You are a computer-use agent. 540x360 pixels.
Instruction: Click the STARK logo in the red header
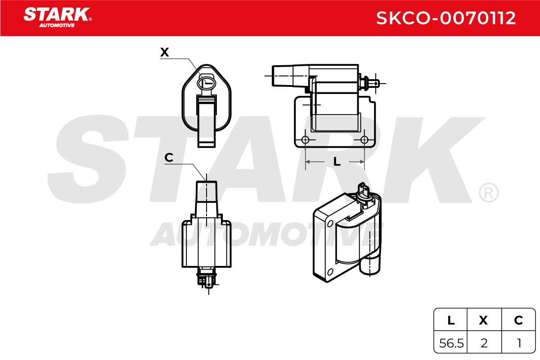click(58, 18)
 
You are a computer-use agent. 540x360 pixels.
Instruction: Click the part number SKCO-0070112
click(446, 18)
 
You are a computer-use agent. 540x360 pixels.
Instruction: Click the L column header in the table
click(451, 320)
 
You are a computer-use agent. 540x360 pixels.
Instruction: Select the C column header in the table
click(518, 320)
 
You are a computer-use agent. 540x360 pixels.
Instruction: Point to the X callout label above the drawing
click(165, 52)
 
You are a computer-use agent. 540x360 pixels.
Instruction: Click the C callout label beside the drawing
click(169, 157)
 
